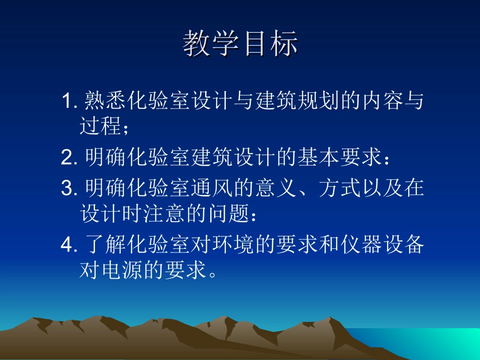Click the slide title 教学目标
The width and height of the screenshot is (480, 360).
240,43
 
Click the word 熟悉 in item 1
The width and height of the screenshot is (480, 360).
106,101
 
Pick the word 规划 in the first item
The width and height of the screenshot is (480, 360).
317,101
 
